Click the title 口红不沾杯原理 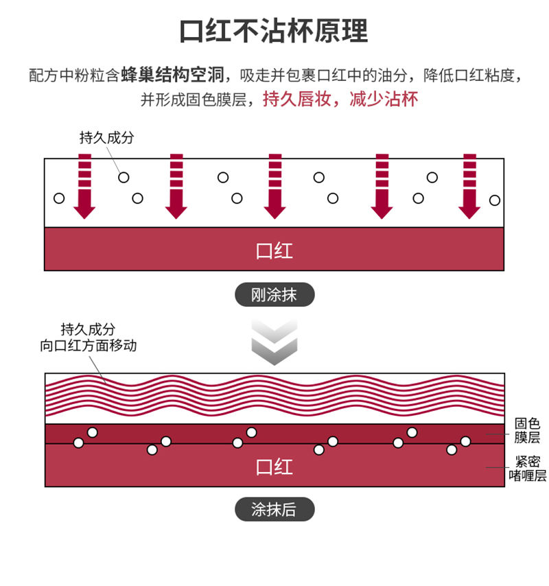274,32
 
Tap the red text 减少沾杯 384,99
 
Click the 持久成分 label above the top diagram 106,138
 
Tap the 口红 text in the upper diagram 274,250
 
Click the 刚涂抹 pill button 274,295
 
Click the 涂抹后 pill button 274,509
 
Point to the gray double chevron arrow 274,342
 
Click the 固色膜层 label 527,430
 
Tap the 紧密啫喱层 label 527,469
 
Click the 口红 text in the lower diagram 274,467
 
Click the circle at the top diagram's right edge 495,200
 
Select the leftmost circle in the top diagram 59,198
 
